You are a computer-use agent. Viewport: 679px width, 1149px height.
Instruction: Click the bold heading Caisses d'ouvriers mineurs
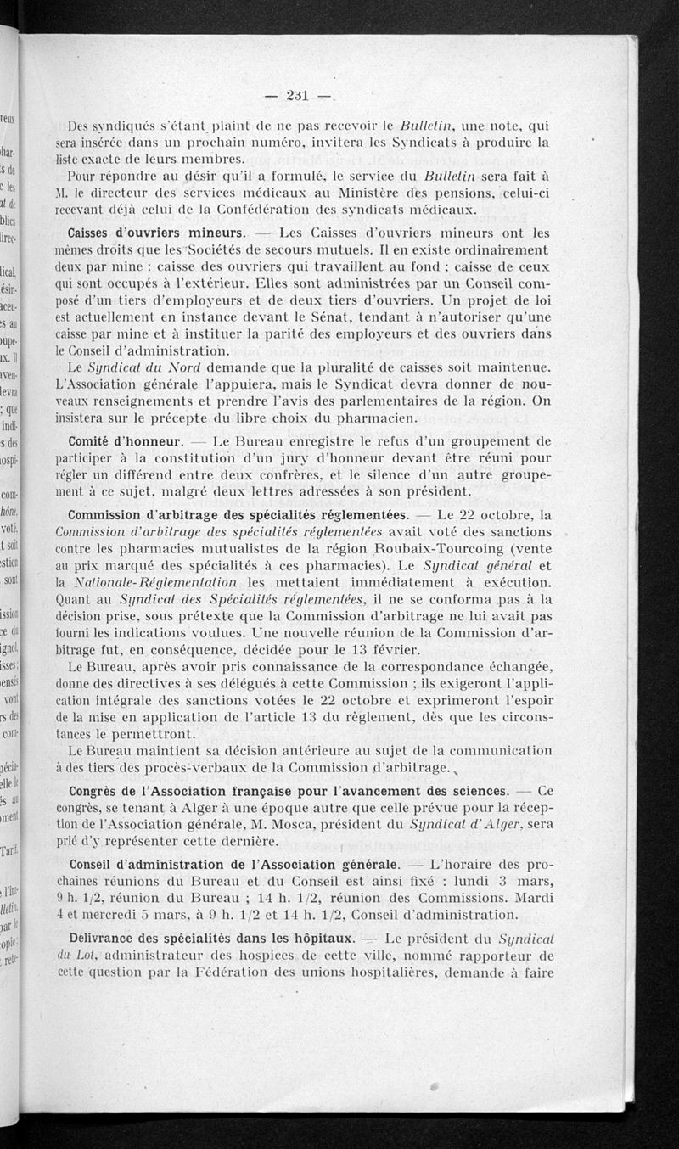tap(157, 233)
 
